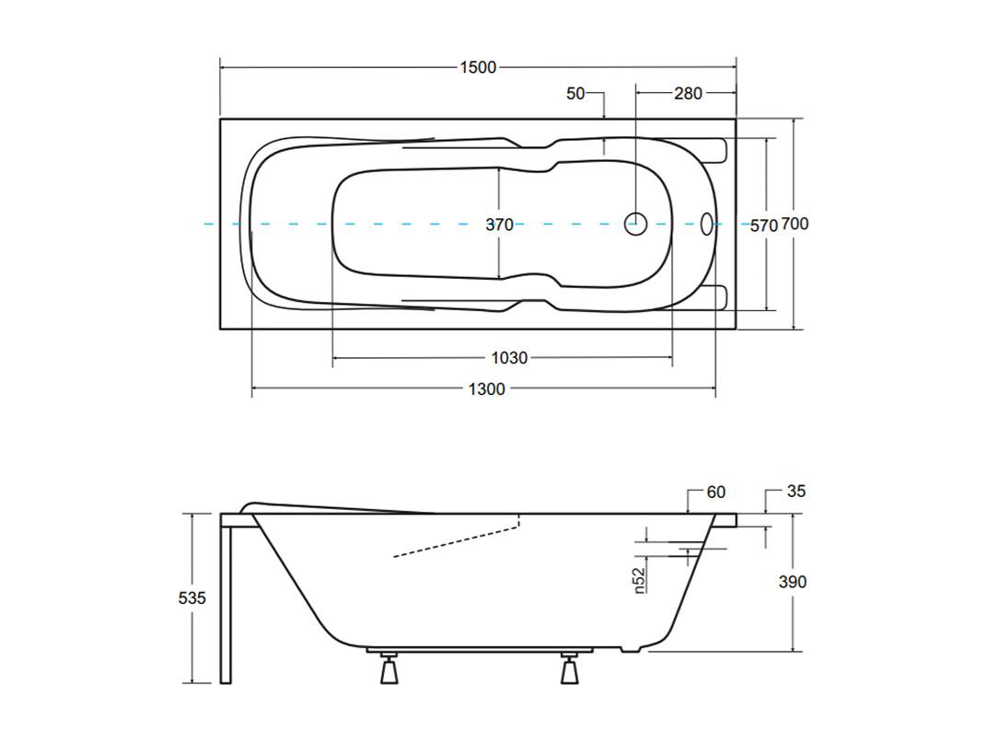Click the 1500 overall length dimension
point(478,67)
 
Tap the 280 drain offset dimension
point(688,93)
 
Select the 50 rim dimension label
point(575,93)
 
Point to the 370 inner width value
point(499,225)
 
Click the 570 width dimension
point(763,225)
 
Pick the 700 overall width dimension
point(796,224)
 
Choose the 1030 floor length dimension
point(509,358)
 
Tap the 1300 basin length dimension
point(487,389)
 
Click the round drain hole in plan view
point(635,224)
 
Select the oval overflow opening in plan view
point(707,224)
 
